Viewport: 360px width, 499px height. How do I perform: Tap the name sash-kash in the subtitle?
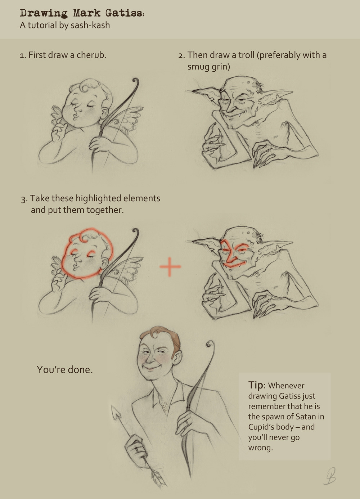tap(90, 25)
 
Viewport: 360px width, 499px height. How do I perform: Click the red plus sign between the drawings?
tap(170, 267)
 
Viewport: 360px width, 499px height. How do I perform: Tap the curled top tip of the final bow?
tap(210, 345)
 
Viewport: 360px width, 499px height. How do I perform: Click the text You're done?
tap(64, 370)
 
